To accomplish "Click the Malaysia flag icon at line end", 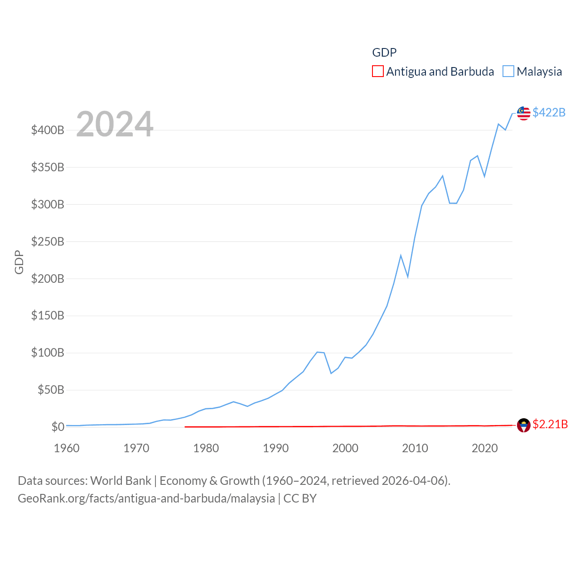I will point(523,113).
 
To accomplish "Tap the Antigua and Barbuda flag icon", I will point(523,425).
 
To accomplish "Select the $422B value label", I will point(549,112).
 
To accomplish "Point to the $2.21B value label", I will point(550,424).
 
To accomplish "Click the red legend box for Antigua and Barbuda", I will point(377,72).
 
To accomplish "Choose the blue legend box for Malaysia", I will point(508,72).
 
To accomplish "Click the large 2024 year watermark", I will point(115,124).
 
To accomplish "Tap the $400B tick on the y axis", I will point(48,130).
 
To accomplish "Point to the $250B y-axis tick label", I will point(48,242).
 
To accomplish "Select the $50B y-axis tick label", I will point(51,390).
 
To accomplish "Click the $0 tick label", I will point(58,427).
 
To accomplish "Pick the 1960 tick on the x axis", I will point(67,449).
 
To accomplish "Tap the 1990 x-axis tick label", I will point(275,449).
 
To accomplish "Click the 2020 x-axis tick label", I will point(484,449).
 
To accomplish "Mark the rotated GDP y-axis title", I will point(19,262).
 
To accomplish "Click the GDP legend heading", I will point(384,53).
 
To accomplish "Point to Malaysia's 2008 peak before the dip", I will point(401,256).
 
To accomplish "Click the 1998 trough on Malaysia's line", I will point(331,373).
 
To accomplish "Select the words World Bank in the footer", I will point(121,481).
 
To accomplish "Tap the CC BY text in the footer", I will point(300,498).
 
